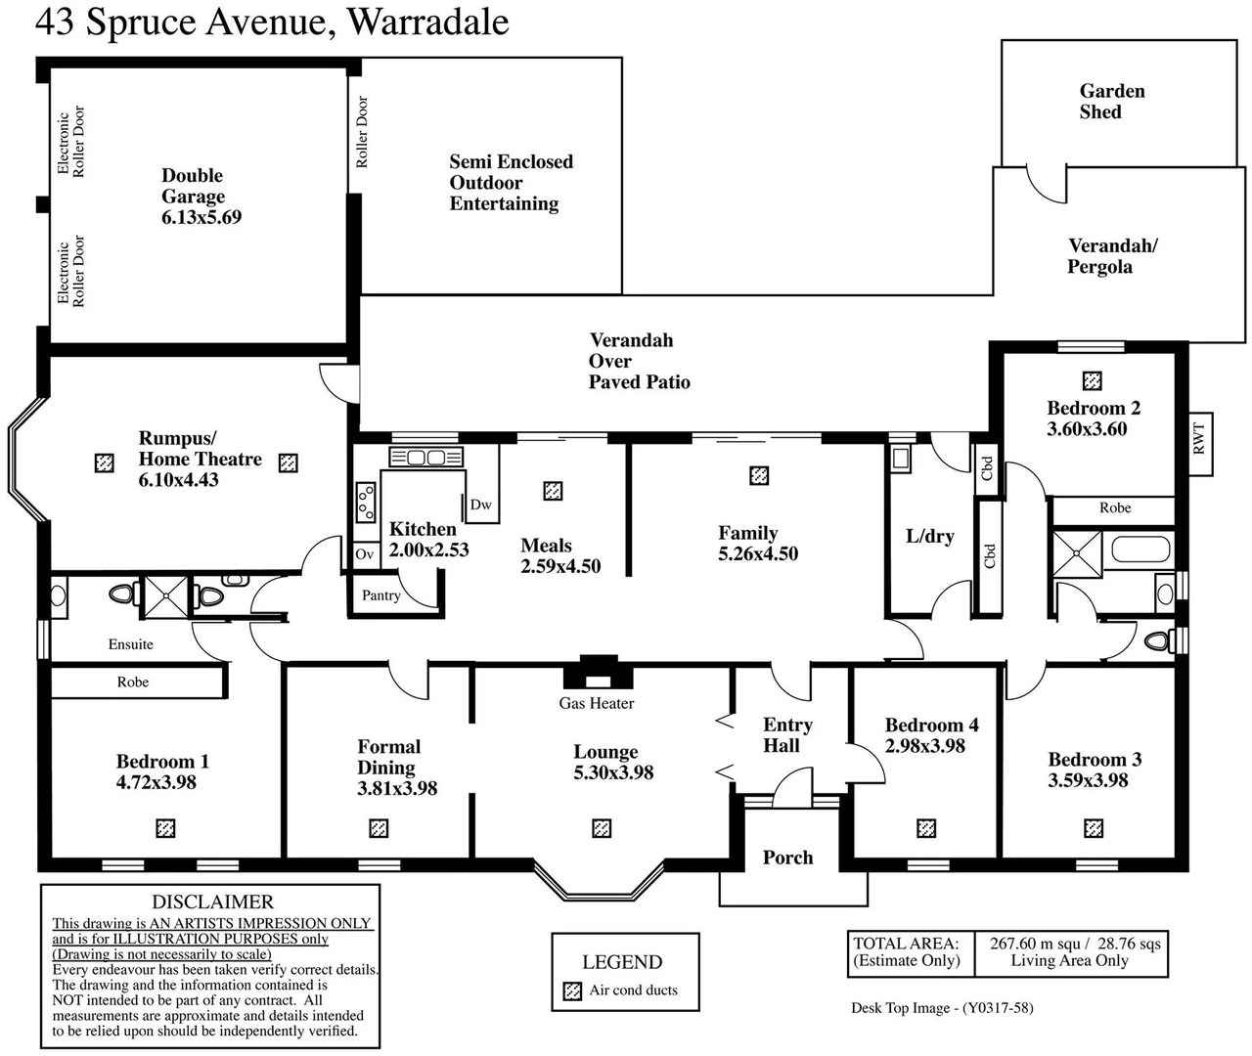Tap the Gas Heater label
pyautogui.click(x=596, y=703)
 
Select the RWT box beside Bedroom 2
pyautogui.click(x=1200, y=437)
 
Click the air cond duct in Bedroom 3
pyautogui.click(x=1094, y=828)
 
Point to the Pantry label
pyautogui.click(x=380, y=595)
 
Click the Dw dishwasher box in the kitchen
pyautogui.click(x=480, y=505)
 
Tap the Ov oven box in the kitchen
pyautogui.click(x=364, y=554)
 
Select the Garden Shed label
pyautogui.click(x=1111, y=102)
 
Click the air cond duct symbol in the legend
pyautogui.click(x=572, y=990)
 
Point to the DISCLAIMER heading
pyautogui.click(x=212, y=902)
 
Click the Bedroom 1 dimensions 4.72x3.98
pyautogui.click(x=156, y=782)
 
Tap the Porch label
pyautogui.click(x=787, y=858)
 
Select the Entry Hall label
pyautogui.click(x=786, y=735)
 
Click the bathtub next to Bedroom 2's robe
pyautogui.click(x=1141, y=549)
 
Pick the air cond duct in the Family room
pyautogui.click(x=759, y=476)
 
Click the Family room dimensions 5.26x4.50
pyautogui.click(x=758, y=554)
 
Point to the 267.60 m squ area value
pyautogui.click(x=1035, y=944)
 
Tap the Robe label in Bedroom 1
pyautogui.click(x=133, y=682)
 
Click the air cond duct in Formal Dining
pyautogui.click(x=379, y=828)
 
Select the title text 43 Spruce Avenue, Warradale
pyautogui.click(x=272, y=22)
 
